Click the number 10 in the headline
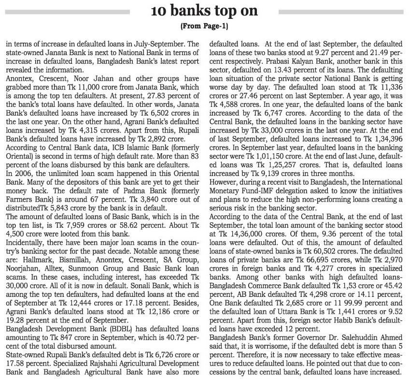click(158, 11)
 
